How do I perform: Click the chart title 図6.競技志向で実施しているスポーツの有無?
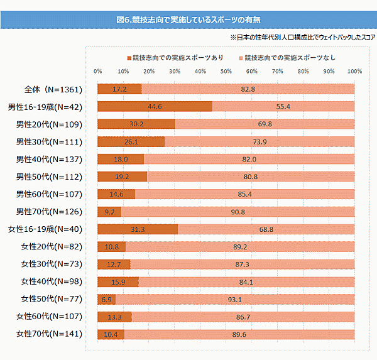click(188, 20)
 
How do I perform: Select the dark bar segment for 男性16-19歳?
click(155, 107)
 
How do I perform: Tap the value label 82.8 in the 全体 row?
click(248, 89)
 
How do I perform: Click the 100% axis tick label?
click(354, 71)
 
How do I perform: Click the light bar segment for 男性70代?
click(238, 212)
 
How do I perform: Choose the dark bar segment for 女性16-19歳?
click(138, 229)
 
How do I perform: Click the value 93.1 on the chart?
click(235, 299)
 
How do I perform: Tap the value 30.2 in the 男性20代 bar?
click(136, 124)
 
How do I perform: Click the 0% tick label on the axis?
click(97, 71)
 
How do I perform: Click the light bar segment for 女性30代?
click(242, 264)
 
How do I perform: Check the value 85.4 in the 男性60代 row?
click(245, 194)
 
